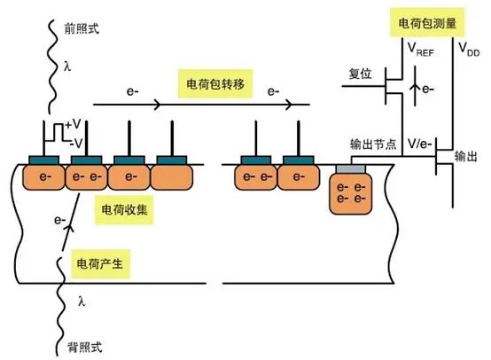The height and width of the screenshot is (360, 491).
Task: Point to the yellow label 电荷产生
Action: (97, 263)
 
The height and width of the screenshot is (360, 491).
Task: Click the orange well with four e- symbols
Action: (353, 192)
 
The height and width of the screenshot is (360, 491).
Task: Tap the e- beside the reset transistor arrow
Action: (430, 89)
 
